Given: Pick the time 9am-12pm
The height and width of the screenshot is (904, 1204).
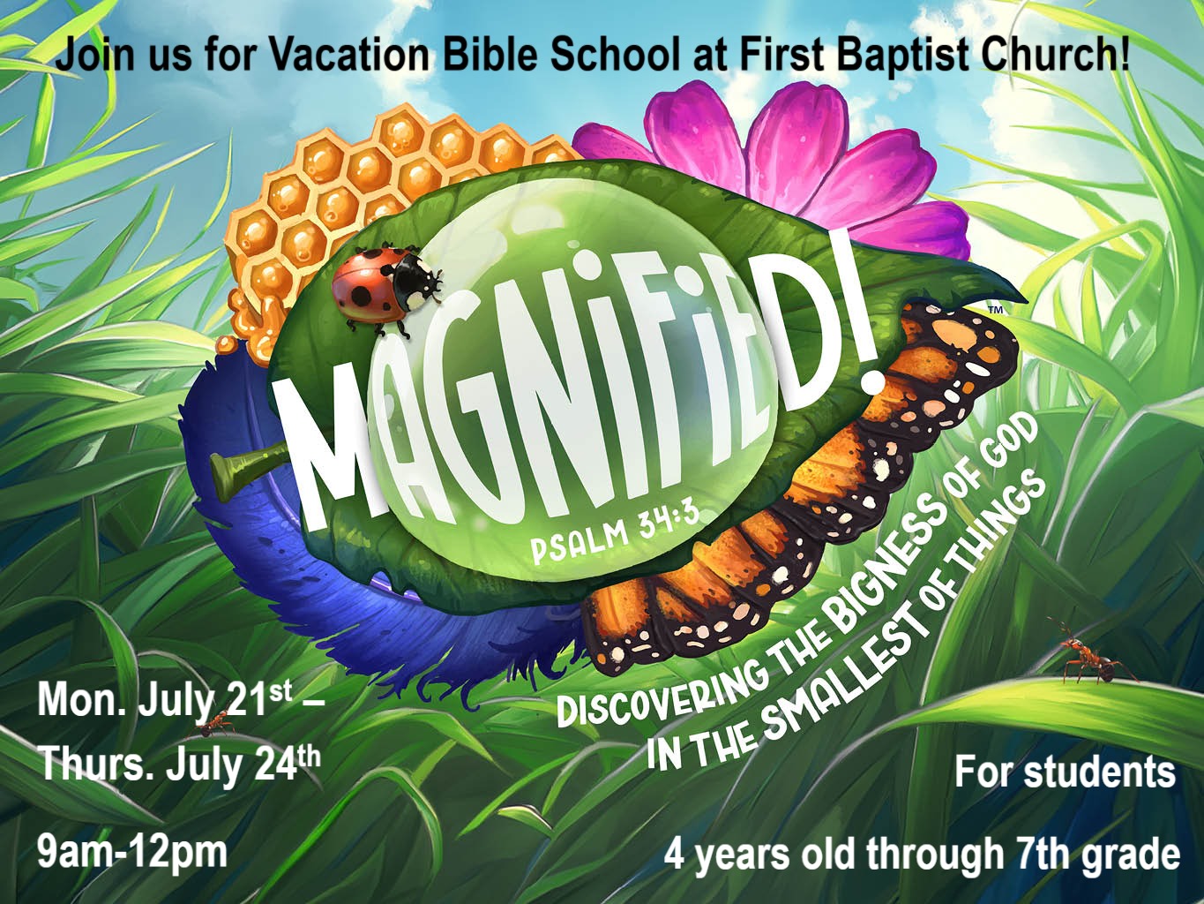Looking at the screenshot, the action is pos(131,853).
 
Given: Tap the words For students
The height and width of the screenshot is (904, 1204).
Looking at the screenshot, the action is pos(1064,772).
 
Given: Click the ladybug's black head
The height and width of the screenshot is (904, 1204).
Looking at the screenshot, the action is pos(423,285).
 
